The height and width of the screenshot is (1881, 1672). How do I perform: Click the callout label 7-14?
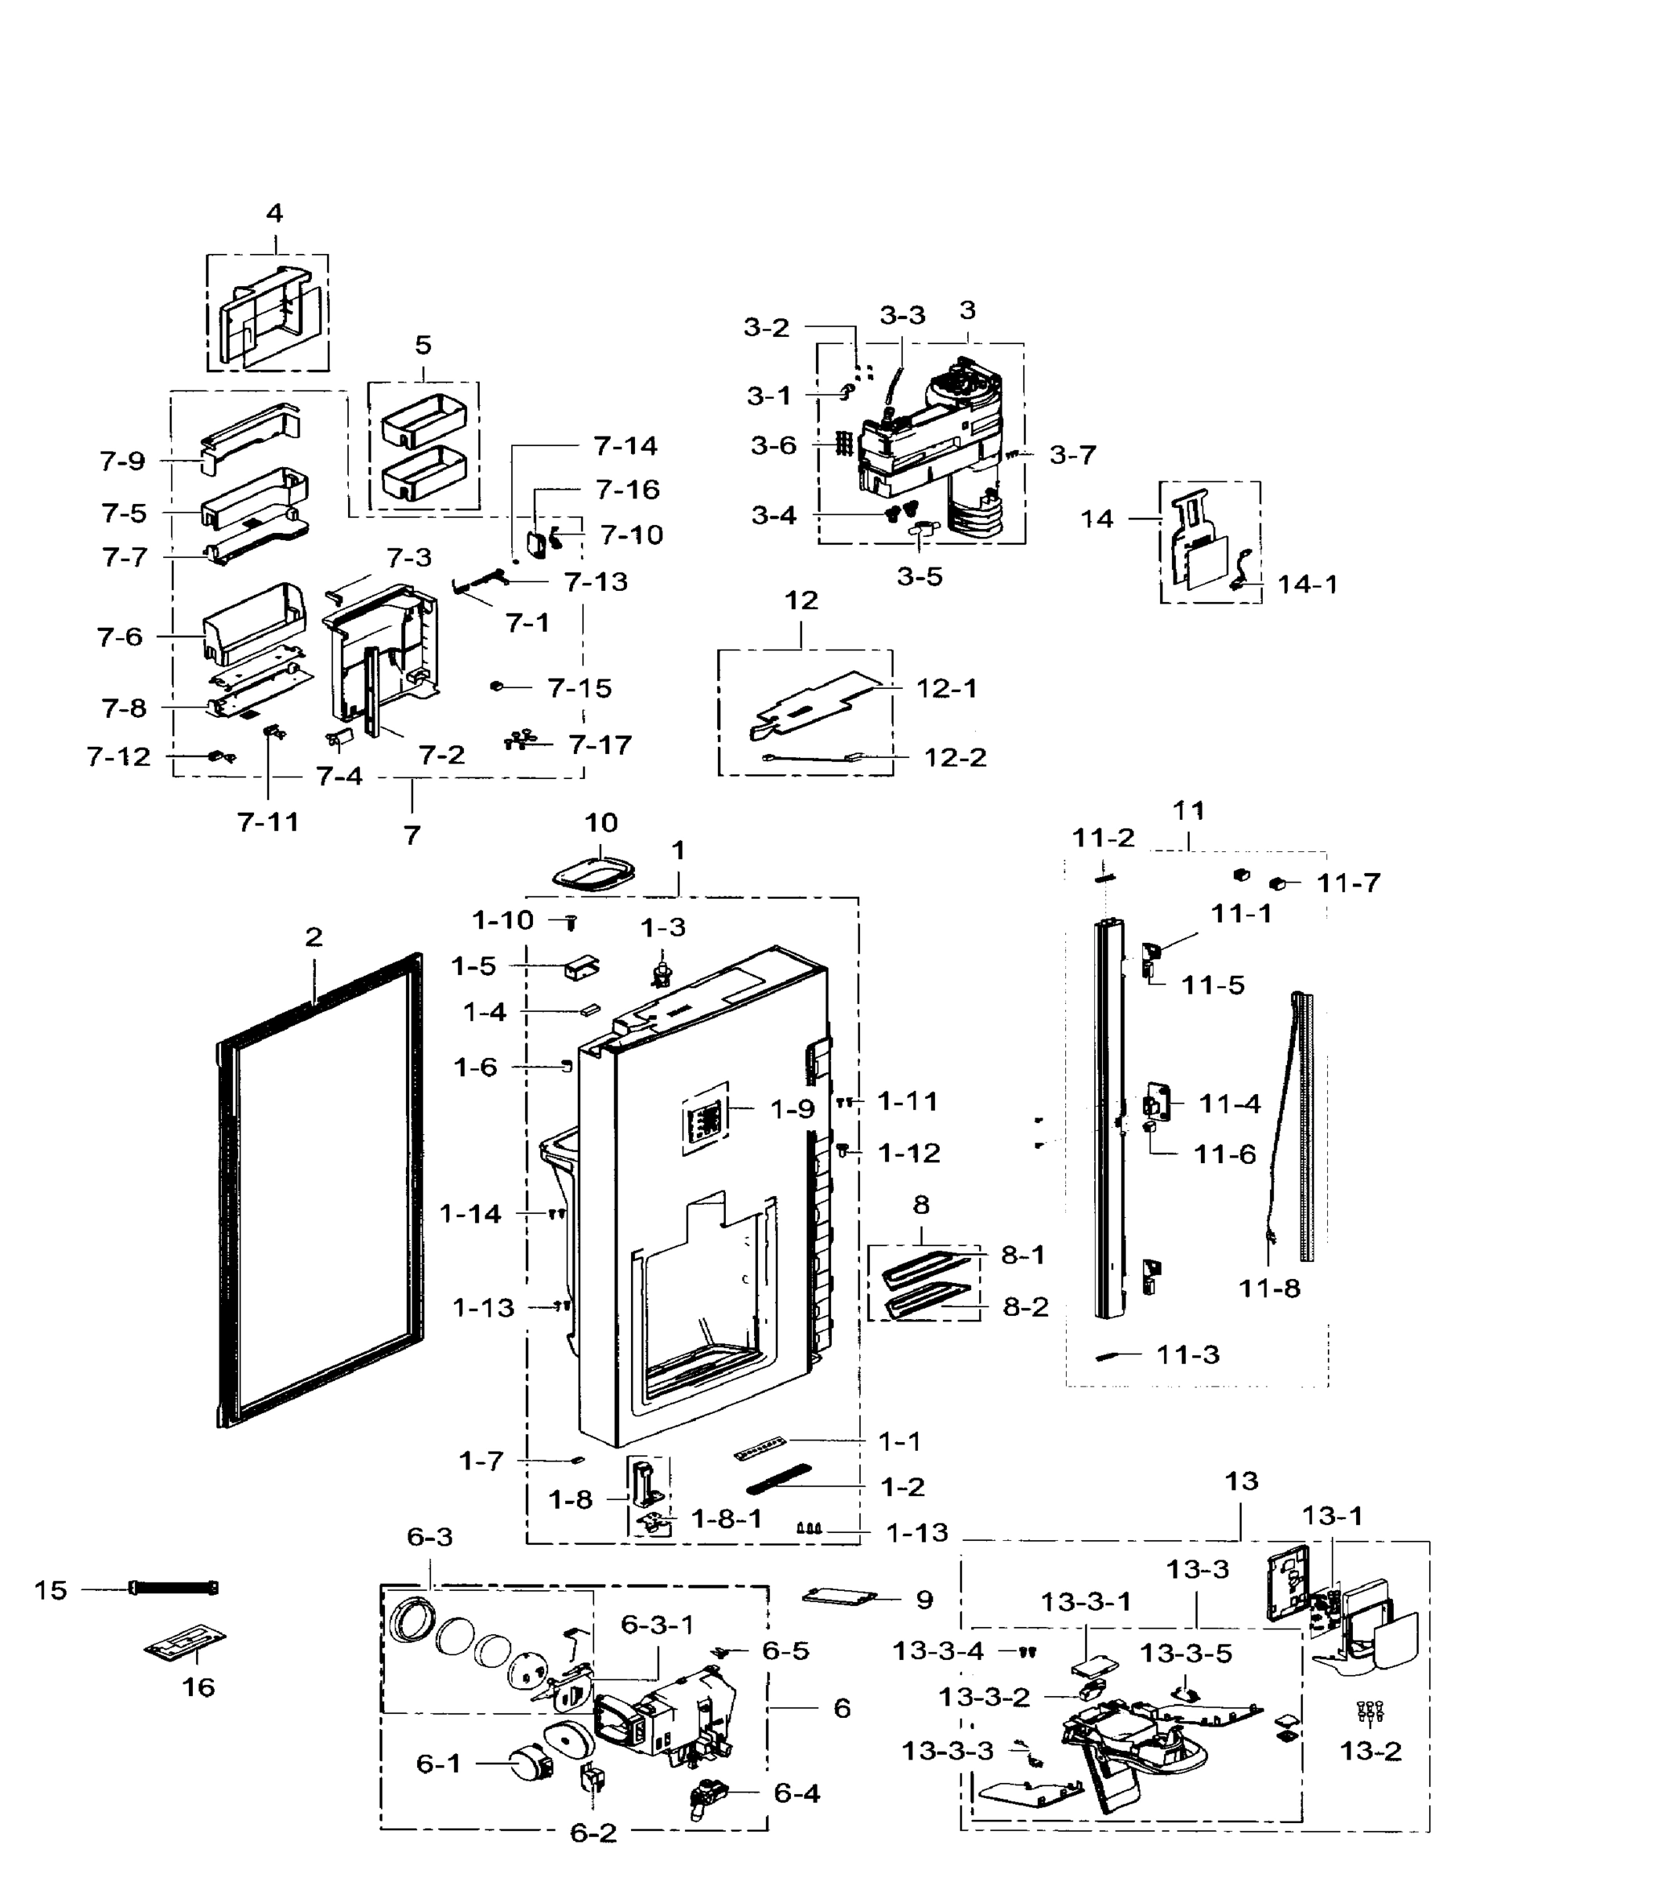[626, 445]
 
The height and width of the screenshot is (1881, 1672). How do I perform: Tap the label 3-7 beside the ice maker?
[1072, 455]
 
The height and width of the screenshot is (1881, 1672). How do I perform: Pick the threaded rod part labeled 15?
[175, 1589]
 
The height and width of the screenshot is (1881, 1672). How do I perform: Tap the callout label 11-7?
[1348, 883]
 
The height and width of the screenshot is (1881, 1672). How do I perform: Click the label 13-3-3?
[947, 1750]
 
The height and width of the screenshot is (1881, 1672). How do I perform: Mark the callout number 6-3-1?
[657, 1625]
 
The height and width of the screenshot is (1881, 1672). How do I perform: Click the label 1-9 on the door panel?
[792, 1109]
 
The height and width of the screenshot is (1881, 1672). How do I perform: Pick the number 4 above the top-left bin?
[274, 213]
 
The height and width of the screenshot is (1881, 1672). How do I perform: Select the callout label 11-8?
[1269, 1288]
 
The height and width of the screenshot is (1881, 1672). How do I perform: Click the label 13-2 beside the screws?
[1370, 1750]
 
